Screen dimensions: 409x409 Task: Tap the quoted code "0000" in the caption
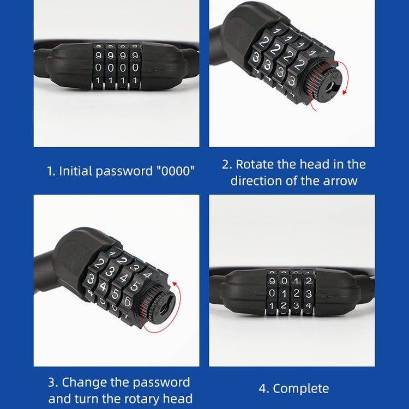175,171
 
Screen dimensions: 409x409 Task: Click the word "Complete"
300,388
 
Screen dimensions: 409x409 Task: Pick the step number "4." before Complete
264,388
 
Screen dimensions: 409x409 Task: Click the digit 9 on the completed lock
272,281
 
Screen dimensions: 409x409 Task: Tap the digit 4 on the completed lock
309,305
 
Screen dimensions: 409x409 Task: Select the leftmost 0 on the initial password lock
98,68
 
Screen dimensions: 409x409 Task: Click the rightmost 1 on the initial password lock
134,80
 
